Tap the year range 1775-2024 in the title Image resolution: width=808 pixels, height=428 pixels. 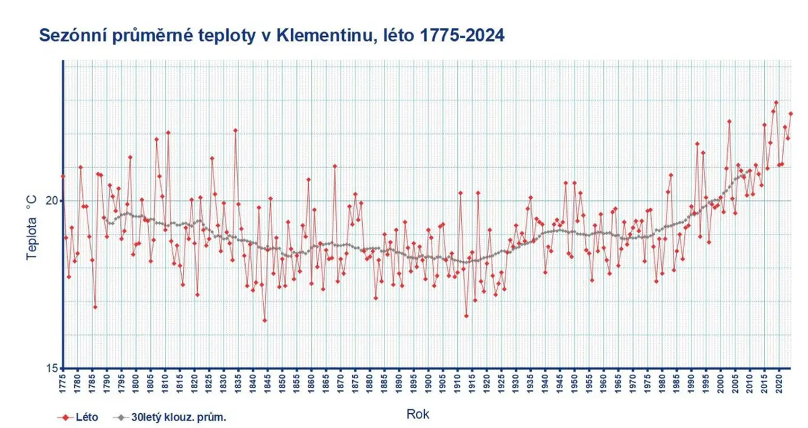462,36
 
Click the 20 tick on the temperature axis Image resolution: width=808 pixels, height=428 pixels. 52,200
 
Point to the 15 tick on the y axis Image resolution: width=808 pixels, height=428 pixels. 52,368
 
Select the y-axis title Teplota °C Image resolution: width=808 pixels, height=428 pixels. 32,228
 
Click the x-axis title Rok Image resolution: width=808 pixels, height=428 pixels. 417,415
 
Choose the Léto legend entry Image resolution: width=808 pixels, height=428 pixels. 78,417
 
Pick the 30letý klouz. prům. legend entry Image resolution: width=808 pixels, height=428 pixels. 170,417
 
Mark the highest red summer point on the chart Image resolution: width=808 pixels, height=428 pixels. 776,102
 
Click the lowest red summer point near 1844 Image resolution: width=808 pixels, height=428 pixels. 265,320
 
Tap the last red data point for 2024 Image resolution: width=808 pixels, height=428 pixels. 790,114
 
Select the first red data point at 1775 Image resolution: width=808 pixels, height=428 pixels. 63,177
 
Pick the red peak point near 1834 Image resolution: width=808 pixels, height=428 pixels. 236,130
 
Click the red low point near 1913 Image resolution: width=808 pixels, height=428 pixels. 467,316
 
